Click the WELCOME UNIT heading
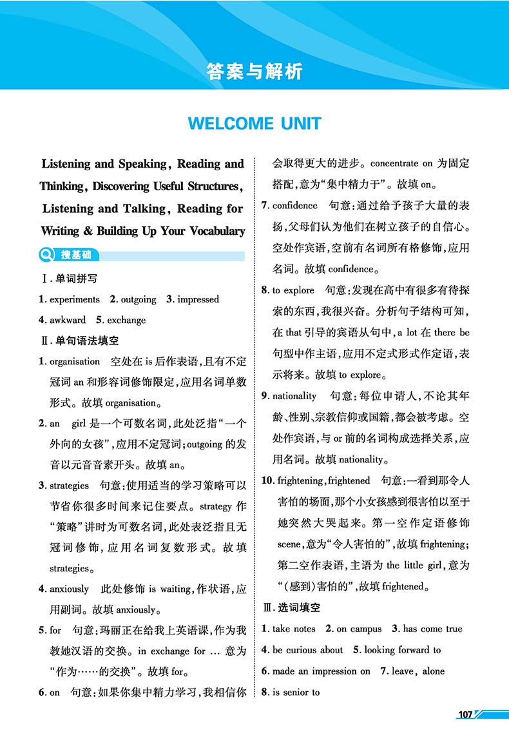pos(254,123)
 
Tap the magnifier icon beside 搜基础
pos(47,255)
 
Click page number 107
pos(465,714)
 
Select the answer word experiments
pos(74,299)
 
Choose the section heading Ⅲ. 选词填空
pos(291,607)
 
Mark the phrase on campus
pos(359,629)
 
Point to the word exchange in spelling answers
pos(126,320)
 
